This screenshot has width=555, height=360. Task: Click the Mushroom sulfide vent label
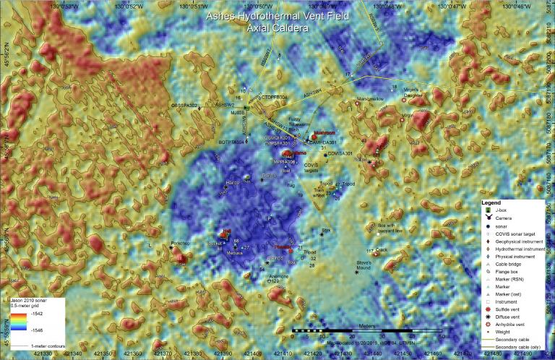(x=323, y=133)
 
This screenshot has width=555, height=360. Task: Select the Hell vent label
(x=227, y=230)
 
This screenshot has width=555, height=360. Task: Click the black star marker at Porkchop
(x=171, y=248)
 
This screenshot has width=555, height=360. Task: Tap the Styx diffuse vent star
(x=322, y=233)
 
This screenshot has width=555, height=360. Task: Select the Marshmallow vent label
(x=369, y=99)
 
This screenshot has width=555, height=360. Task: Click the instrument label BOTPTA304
(x=232, y=142)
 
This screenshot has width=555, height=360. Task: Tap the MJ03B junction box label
(x=238, y=113)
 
